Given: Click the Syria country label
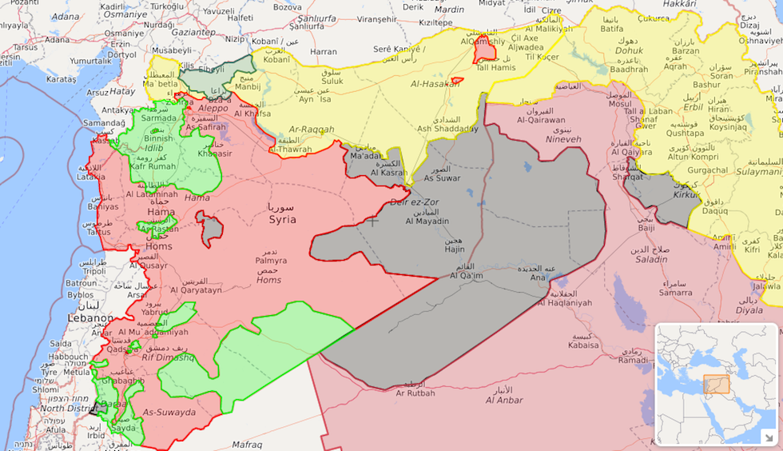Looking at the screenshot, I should tap(281, 219).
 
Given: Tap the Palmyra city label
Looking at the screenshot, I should tap(270, 260).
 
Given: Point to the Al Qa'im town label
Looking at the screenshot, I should tap(467, 275).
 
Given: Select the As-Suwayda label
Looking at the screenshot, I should tap(169, 413).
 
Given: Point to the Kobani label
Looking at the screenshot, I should tap(277, 60).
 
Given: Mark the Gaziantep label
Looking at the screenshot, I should tap(193, 32).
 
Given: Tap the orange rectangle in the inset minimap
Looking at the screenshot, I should tap(716, 385).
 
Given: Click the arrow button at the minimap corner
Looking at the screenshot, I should tap(769, 437).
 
